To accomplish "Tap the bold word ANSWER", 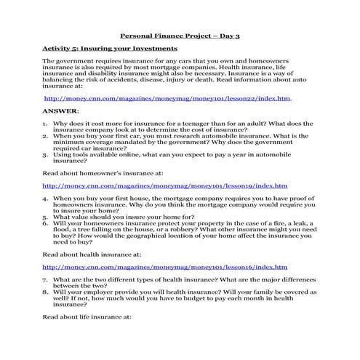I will (60, 111).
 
